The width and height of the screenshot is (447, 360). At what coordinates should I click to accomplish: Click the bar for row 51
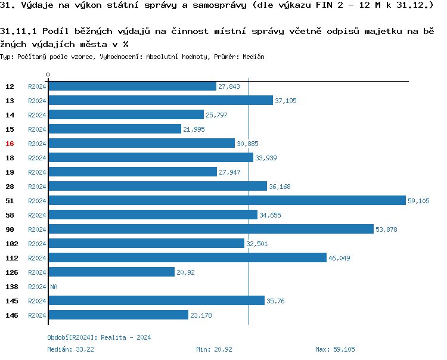226,201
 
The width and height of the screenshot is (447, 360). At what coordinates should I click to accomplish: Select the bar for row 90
211,229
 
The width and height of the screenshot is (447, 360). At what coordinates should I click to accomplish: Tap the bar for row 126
111,272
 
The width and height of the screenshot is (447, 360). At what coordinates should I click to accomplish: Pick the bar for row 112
187,258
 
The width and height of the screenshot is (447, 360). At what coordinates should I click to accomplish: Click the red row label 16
10,144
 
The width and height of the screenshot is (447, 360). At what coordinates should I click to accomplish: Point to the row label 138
11,287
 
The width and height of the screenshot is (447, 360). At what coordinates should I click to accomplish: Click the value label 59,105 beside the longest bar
418,201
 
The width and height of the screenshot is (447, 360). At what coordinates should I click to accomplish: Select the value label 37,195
285,101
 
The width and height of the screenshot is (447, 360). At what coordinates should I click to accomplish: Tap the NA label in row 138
54,287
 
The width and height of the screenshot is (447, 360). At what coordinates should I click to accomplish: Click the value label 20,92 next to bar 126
185,272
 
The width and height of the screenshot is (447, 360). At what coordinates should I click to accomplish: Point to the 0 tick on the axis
48,75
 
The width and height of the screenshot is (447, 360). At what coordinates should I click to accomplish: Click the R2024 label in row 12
37,86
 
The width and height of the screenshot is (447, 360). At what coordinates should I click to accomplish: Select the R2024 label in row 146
37,315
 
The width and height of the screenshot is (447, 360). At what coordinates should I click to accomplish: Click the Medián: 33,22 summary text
70,349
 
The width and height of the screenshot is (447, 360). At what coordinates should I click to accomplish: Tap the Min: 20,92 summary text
214,349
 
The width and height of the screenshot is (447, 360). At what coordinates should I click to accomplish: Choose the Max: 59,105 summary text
336,349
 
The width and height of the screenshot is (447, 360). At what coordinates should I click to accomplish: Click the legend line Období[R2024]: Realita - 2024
99,337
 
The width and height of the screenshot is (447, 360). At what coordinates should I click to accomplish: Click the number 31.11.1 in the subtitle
19,31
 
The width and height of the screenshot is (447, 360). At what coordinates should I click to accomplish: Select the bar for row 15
114,129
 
